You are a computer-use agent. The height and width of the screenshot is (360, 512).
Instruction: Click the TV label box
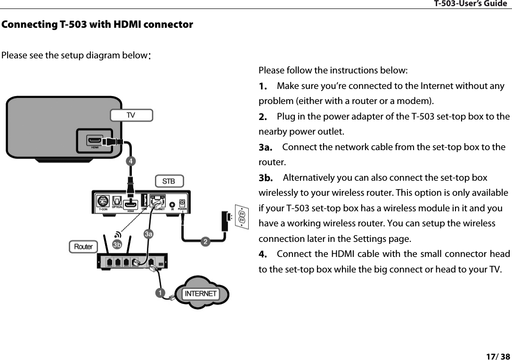(x=131, y=115)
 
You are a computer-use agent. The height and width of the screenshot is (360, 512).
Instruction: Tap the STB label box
(x=169, y=181)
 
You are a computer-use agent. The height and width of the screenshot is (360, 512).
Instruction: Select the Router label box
(x=83, y=247)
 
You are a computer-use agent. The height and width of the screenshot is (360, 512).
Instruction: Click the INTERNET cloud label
(x=201, y=294)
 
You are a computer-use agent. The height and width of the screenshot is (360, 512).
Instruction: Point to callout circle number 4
(x=132, y=161)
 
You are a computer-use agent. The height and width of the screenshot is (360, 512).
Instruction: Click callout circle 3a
(x=148, y=233)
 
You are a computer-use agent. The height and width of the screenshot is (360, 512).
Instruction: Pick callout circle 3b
(x=117, y=245)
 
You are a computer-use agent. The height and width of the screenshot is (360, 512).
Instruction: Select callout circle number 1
(x=161, y=293)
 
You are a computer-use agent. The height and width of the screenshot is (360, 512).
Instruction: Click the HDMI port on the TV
(x=95, y=141)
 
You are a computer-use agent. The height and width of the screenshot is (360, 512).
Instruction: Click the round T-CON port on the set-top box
(x=103, y=201)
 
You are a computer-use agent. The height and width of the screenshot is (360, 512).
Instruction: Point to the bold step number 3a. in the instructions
(x=267, y=148)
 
